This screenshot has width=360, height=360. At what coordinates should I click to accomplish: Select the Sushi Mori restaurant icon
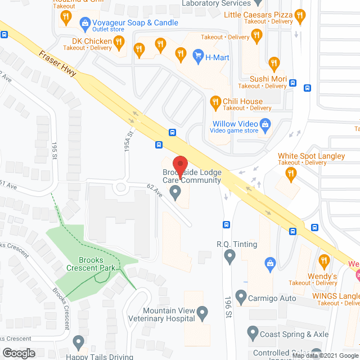point(274,63)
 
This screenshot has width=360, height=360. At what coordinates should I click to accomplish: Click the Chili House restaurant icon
point(215,102)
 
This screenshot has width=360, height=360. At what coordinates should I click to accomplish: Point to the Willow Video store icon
point(266,124)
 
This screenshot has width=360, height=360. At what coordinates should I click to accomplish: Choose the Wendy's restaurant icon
point(323,261)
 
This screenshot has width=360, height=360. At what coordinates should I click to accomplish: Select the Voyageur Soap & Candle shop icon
point(85,23)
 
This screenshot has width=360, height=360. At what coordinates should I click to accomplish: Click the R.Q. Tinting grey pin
point(229,257)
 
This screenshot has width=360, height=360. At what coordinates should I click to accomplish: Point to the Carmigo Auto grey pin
point(241,295)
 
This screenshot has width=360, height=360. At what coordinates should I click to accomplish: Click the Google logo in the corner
point(18,353)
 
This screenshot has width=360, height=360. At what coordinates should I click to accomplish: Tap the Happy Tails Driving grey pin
point(78,341)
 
